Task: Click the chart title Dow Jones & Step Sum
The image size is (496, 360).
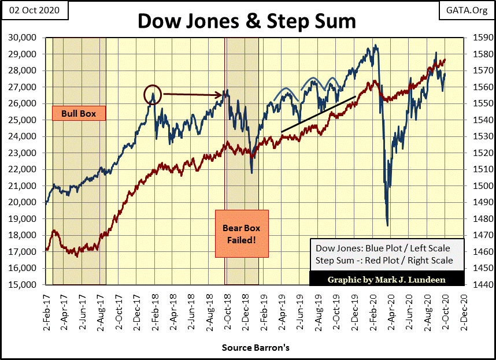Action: (x=247, y=21)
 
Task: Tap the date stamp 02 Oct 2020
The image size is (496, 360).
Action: (x=34, y=10)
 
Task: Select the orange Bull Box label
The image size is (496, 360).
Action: (x=79, y=113)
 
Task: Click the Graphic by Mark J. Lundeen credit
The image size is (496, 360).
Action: (x=387, y=280)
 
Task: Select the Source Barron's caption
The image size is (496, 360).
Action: (x=256, y=348)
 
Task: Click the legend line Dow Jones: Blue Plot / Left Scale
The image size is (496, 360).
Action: (x=383, y=248)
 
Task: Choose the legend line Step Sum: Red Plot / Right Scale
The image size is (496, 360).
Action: (x=384, y=260)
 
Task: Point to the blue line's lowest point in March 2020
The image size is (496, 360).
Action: (x=387, y=225)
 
